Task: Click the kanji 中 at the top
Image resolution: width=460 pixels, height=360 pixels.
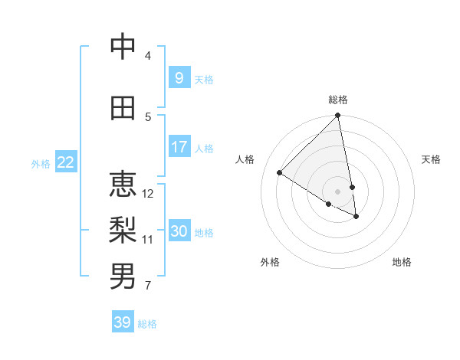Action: point(123,47)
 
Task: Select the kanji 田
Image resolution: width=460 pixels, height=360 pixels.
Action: point(123,109)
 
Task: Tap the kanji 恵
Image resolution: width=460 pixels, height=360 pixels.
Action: point(123,184)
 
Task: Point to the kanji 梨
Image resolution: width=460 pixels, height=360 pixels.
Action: point(123,228)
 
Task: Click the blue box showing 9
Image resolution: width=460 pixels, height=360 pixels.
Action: point(179,78)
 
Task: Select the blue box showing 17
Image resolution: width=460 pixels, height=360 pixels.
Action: point(179,147)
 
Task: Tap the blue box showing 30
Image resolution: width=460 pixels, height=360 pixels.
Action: point(179,231)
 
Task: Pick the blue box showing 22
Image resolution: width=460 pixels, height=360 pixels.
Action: point(65,162)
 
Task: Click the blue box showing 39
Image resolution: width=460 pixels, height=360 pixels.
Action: point(122,322)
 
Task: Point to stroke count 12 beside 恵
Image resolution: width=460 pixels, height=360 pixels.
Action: point(149,193)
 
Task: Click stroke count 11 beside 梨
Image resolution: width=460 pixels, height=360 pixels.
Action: point(148,239)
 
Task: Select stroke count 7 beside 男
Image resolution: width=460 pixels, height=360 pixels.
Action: point(147,286)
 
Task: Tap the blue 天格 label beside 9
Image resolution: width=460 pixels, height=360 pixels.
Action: point(204,80)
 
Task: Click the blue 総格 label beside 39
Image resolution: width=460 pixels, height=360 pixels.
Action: point(147,324)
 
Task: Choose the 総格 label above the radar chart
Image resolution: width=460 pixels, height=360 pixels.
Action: point(338,100)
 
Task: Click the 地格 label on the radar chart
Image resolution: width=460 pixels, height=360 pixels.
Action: point(402,262)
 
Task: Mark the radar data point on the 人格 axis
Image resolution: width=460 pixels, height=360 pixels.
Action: point(280,173)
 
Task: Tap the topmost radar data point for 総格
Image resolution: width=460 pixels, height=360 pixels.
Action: point(338,116)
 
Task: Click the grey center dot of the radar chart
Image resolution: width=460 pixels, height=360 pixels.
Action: point(338,191)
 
